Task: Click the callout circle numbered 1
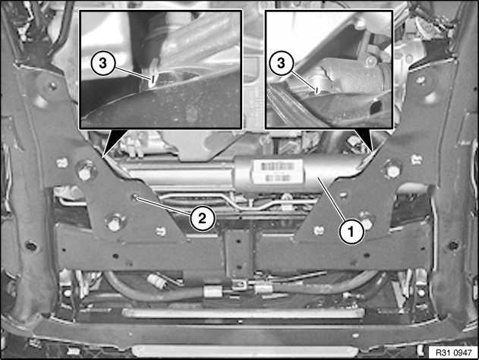coord(351,232)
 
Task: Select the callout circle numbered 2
coord(202,218)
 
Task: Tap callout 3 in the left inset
coord(103,64)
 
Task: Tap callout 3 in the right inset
coord(281,63)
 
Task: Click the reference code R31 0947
coord(454,352)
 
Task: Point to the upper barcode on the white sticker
coord(278,166)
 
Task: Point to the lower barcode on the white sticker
coord(278,178)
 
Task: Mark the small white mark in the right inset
coord(317,90)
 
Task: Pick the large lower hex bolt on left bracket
coord(114,223)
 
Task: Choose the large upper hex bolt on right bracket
coord(392,169)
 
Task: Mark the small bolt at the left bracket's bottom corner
coord(161,231)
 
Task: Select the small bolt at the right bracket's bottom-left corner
coord(319,230)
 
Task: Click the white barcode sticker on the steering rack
coord(277,172)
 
